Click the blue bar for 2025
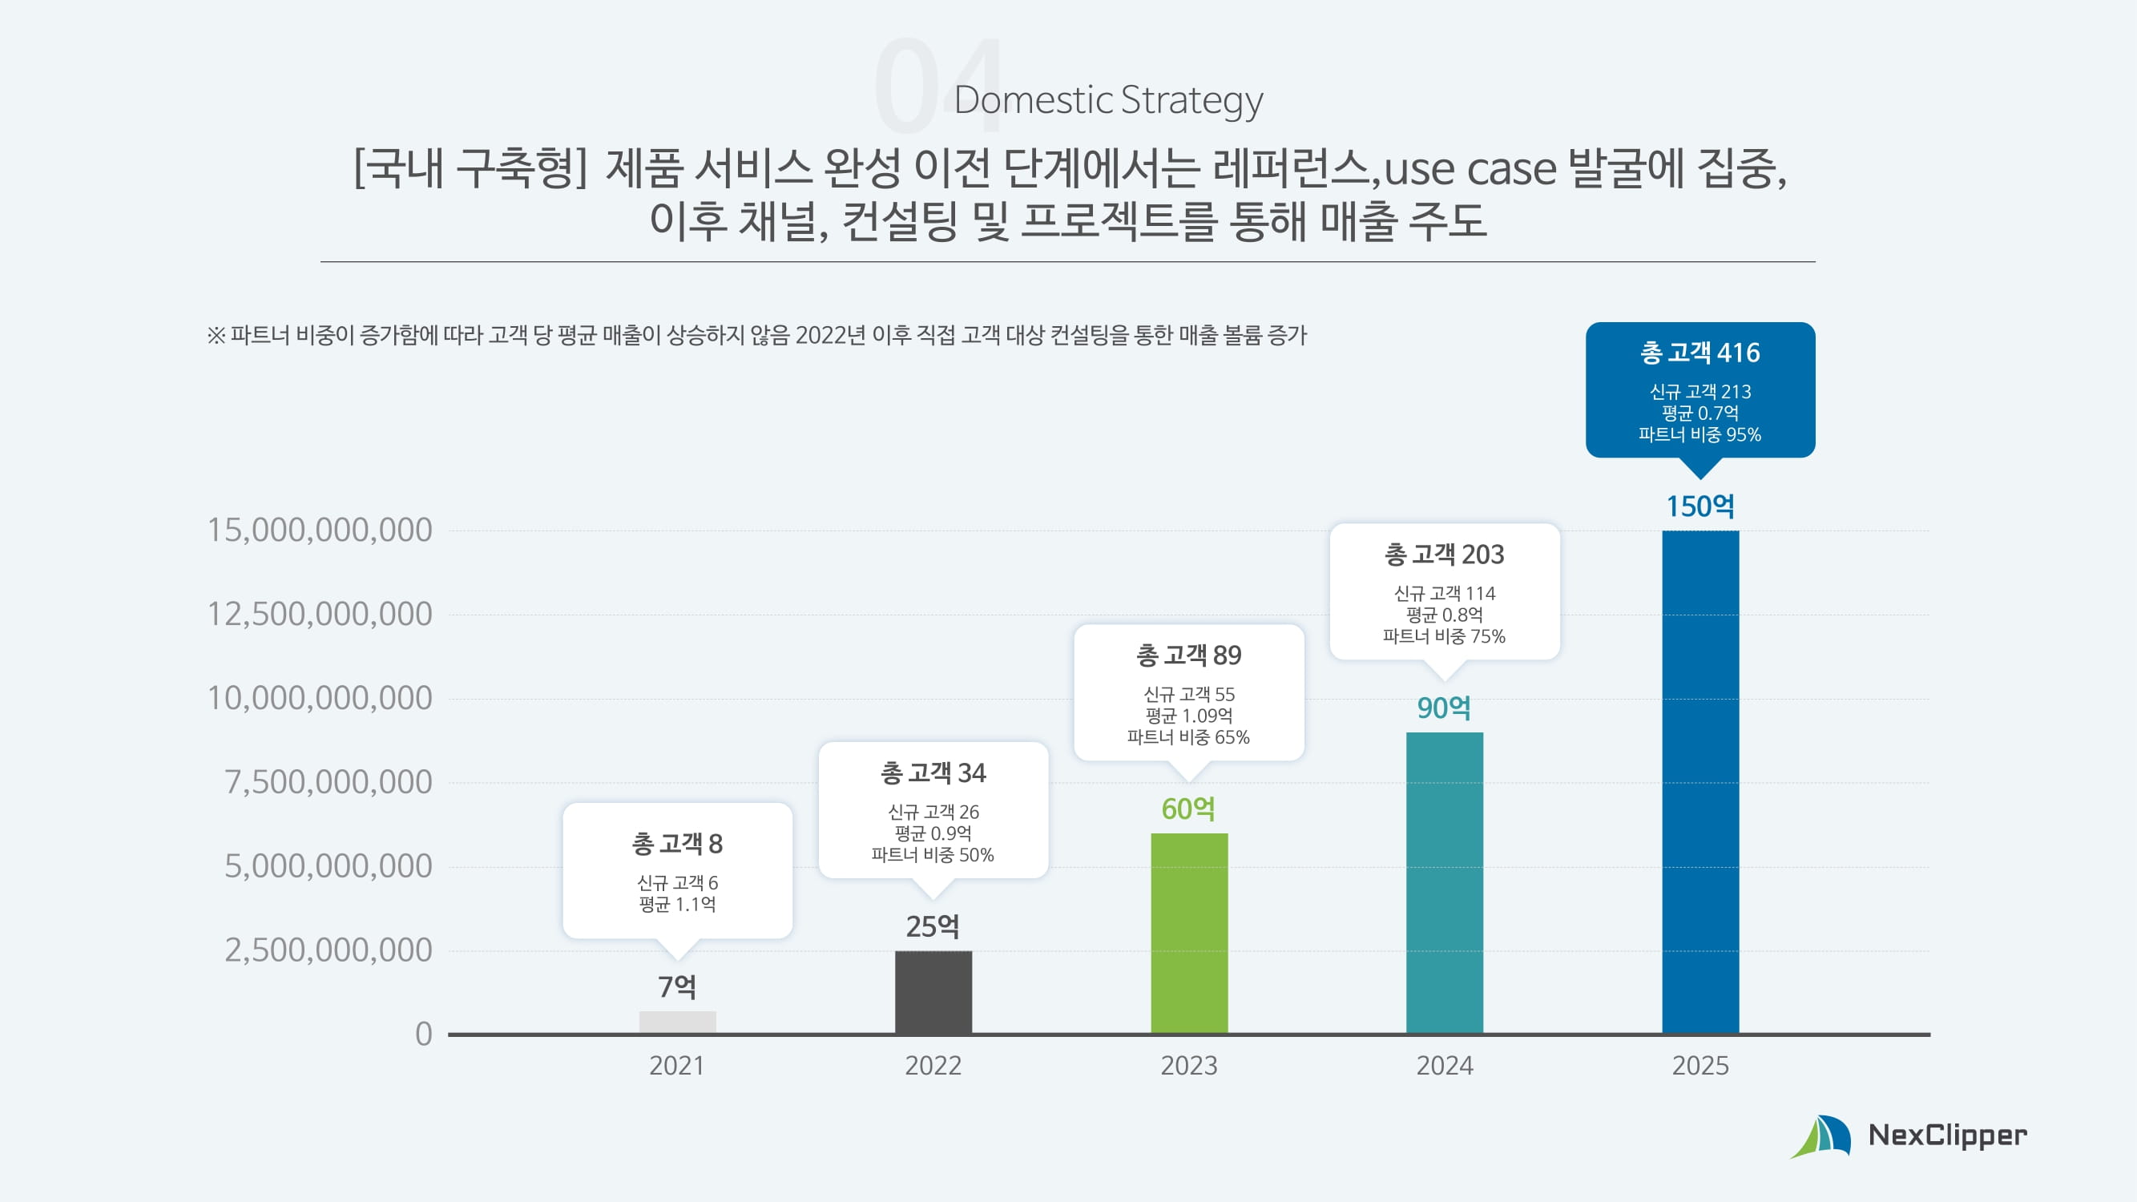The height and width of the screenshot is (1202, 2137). (x=1700, y=781)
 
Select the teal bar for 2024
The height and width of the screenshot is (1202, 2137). (x=1445, y=882)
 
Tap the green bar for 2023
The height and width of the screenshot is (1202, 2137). (x=1189, y=934)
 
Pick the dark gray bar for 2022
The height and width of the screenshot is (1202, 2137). (x=933, y=992)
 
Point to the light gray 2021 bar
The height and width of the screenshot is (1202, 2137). (x=678, y=1022)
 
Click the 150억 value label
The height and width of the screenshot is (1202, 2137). (x=1700, y=506)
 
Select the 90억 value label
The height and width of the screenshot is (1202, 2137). (x=1445, y=708)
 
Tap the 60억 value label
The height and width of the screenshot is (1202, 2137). (x=1189, y=809)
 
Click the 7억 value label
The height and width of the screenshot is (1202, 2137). (x=678, y=986)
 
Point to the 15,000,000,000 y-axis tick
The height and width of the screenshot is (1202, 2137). (x=320, y=530)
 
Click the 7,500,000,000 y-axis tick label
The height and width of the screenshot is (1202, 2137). (x=329, y=782)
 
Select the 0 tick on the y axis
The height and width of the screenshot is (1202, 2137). (x=424, y=1035)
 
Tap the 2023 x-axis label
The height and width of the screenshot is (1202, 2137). (x=1189, y=1065)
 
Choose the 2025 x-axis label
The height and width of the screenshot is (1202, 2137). (x=1700, y=1065)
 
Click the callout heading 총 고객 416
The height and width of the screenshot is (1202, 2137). (x=1700, y=353)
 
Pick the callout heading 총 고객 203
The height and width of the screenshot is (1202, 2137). (x=1445, y=555)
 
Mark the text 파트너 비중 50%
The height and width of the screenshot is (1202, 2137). (x=933, y=855)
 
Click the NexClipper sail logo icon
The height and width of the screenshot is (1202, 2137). (x=1821, y=1136)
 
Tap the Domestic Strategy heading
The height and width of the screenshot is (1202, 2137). (x=1108, y=99)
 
